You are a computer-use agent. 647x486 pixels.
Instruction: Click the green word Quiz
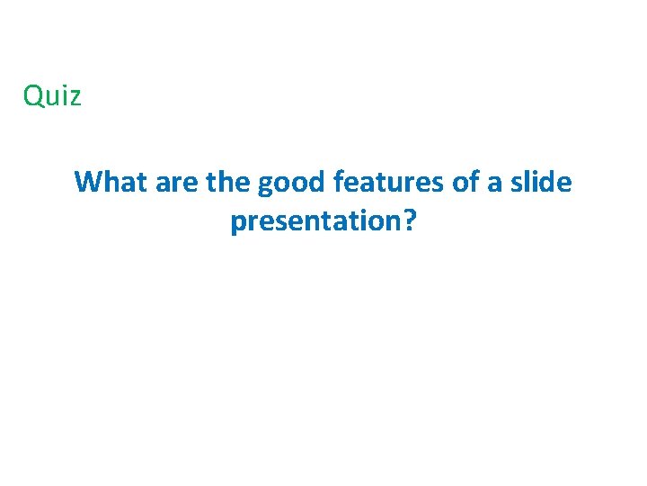point(52,95)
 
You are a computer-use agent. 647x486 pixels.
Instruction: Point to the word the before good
point(229,182)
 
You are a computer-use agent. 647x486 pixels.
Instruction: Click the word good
point(292,184)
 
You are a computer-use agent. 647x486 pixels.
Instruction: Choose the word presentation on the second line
point(313,220)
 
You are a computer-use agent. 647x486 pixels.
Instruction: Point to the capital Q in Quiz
point(33,95)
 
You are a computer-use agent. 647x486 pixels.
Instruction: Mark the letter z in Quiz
point(75,97)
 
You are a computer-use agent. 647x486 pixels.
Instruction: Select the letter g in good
point(266,186)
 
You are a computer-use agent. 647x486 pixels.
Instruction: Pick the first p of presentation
point(238,223)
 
